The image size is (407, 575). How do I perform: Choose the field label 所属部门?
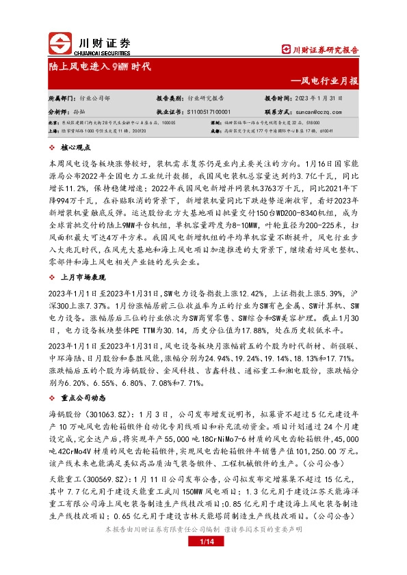[x=61, y=98]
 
